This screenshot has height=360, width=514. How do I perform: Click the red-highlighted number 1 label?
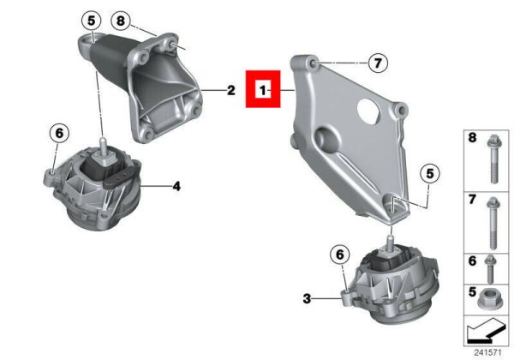(x=263, y=89)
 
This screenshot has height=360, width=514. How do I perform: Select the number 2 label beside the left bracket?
(x=231, y=90)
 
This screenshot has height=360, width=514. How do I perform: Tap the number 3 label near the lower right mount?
(x=307, y=298)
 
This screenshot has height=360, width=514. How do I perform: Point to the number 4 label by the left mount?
(x=176, y=187)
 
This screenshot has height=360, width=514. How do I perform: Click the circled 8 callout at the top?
(x=121, y=21)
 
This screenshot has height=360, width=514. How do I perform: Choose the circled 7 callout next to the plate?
(x=378, y=63)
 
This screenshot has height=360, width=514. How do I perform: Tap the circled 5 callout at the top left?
(x=91, y=21)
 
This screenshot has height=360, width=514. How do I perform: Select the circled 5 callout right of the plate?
(x=430, y=173)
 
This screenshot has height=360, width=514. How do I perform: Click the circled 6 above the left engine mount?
(x=59, y=134)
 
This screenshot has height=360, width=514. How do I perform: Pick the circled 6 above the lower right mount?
(x=340, y=255)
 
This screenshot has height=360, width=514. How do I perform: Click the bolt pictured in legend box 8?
(x=493, y=159)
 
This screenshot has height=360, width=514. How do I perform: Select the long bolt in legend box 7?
(x=493, y=223)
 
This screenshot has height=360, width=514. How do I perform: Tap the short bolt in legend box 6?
(x=490, y=269)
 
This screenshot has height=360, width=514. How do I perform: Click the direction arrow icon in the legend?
(x=486, y=331)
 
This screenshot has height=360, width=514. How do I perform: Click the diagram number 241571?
(x=487, y=353)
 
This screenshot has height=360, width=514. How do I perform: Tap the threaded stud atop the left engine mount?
(x=104, y=147)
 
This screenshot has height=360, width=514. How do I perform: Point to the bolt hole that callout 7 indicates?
(x=313, y=63)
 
